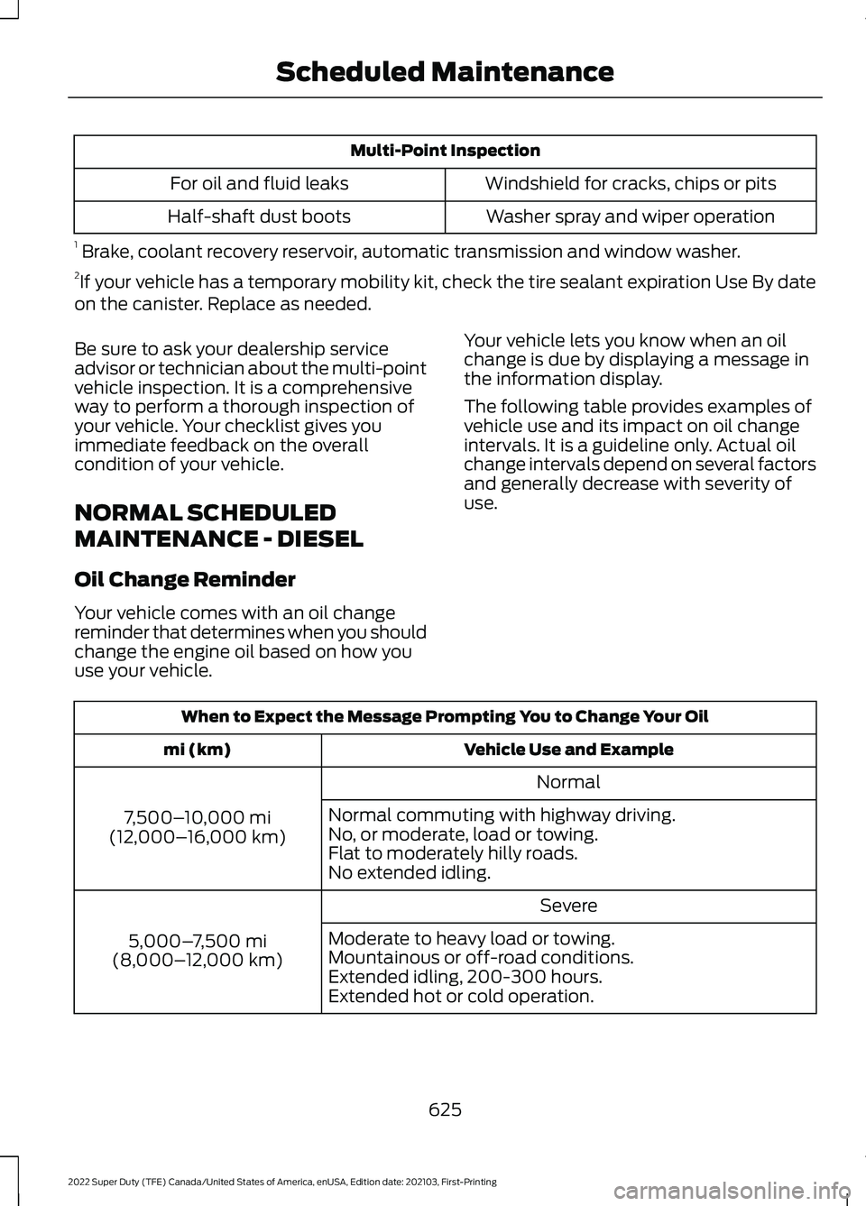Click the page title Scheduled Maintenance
click(445, 72)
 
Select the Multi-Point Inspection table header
click(445, 151)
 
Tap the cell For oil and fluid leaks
click(259, 184)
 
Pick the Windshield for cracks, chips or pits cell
click(630, 184)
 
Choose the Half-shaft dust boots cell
click(259, 217)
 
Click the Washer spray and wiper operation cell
click(630, 217)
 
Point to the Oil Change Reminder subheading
click(185, 580)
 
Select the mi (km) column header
click(197, 750)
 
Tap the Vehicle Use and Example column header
click(568, 750)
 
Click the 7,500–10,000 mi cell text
click(197, 818)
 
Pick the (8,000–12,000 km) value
click(197, 961)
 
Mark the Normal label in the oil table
click(568, 783)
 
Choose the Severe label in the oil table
click(568, 906)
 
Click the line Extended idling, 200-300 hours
click(465, 977)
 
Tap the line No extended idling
click(410, 873)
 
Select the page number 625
click(445, 1109)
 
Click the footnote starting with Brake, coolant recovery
click(410, 252)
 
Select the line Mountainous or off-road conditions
click(481, 958)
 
